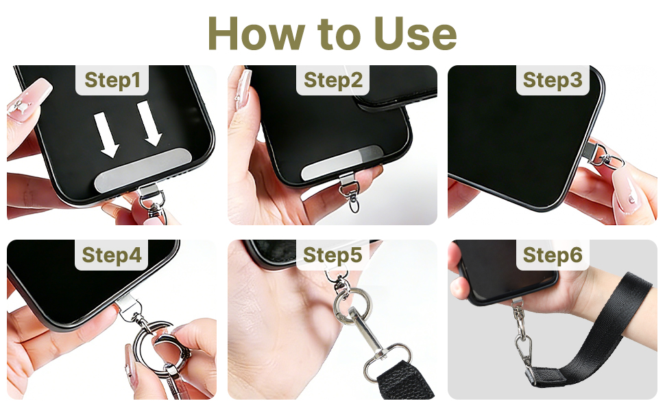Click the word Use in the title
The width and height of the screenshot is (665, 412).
(x=415, y=32)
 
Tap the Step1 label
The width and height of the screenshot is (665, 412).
(x=112, y=80)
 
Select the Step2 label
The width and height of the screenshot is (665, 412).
(x=332, y=80)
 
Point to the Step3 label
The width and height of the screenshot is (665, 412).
(x=552, y=80)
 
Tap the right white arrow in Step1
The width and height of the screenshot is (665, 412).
(x=149, y=124)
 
